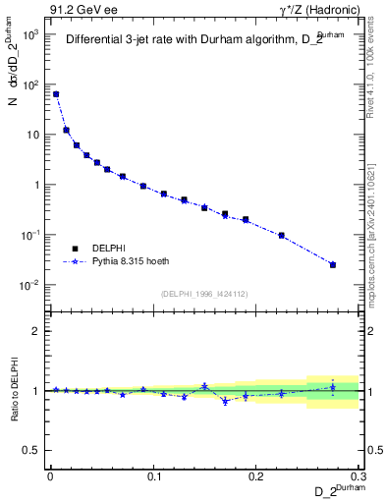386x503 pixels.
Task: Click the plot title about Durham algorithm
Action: pyautogui.click(x=200, y=41)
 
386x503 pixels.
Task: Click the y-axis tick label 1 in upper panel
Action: pyautogui.click(x=38, y=185)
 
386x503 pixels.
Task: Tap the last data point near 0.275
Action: pyautogui.click(x=333, y=264)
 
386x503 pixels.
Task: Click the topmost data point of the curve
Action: pyautogui.click(x=56, y=94)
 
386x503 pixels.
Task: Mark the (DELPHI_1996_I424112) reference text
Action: pyautogui.click(x=203, y=294)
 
